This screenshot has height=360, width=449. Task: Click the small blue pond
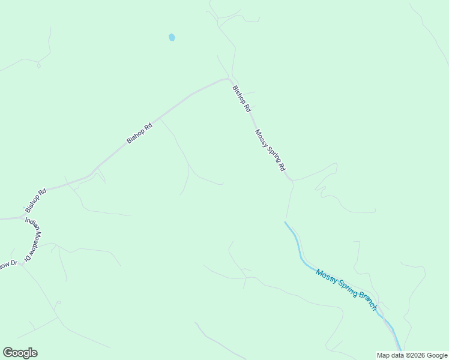172,37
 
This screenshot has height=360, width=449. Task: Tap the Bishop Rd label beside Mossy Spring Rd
241,100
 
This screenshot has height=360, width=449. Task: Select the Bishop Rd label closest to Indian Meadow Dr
36,201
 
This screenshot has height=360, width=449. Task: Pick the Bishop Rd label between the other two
140,133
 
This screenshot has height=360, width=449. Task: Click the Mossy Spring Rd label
270,151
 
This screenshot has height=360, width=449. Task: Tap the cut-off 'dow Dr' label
8,264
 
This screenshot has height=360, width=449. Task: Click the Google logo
20,353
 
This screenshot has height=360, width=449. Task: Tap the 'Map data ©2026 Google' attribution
412,355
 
